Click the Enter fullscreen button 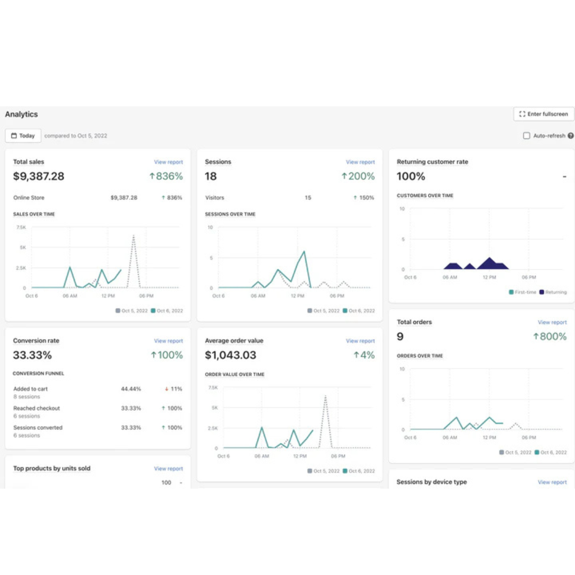click(x=544, y=114)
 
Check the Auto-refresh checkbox click(x=526, y=136)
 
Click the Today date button click(x=23, y=136)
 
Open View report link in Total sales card click(x=168, y=162)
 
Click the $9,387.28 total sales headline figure click(x=38, y=176)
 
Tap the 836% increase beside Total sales click(x=166, y=176)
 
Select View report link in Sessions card click(x=360, y=162)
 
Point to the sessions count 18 click(x=211, y=176)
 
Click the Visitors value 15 click(x=308, y=198)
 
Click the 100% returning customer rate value click(x=411, y=176)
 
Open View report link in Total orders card click(x=552, y=322)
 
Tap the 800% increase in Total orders click(x=549, y=337)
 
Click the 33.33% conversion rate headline click(x=32, y=355)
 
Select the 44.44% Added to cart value click(x=131, y=389)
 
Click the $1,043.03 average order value click(x=230, y=355)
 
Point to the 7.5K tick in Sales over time click(x=21, y=227)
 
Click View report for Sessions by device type click(x=552, y=482)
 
